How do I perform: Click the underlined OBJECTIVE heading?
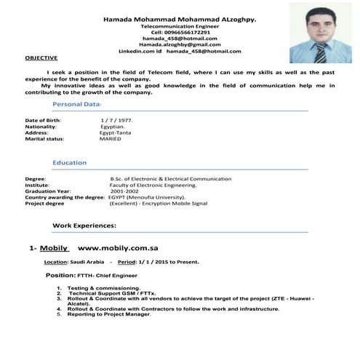click(41, 57)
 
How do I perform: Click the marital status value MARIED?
click(112, 138)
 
